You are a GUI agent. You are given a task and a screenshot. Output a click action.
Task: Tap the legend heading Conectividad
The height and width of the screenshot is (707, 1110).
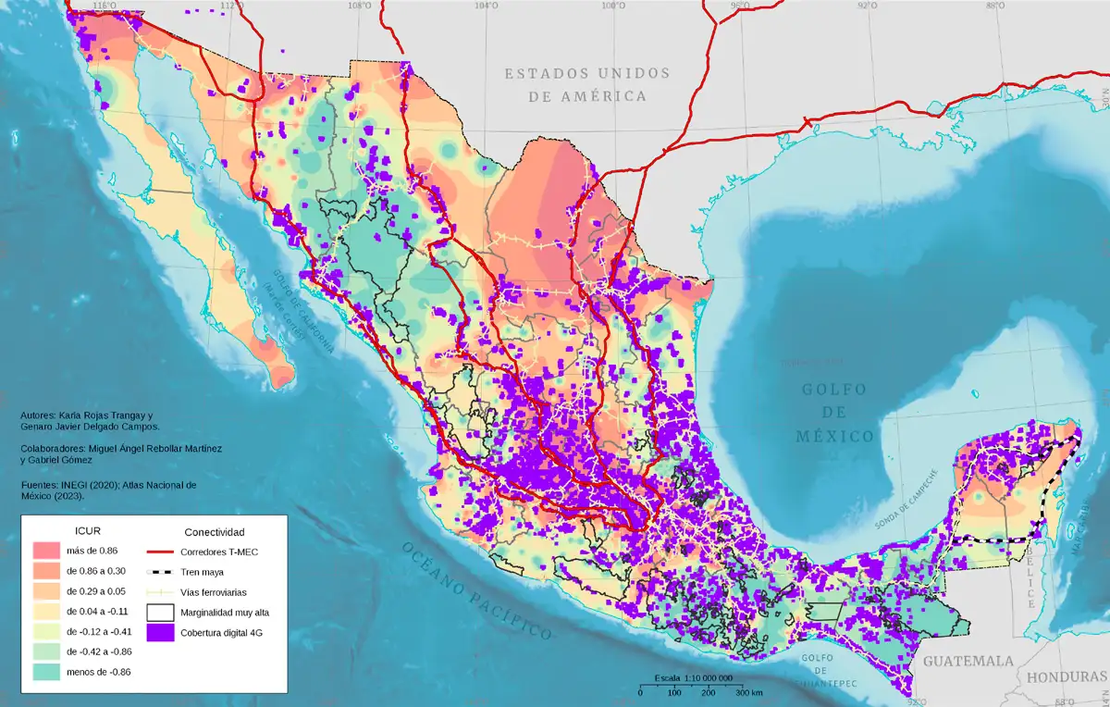point(215,532)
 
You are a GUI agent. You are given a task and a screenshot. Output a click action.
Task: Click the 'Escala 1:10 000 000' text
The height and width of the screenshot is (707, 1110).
point(694,678)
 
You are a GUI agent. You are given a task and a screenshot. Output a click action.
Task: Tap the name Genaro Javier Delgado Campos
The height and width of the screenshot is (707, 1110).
point(90,427)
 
